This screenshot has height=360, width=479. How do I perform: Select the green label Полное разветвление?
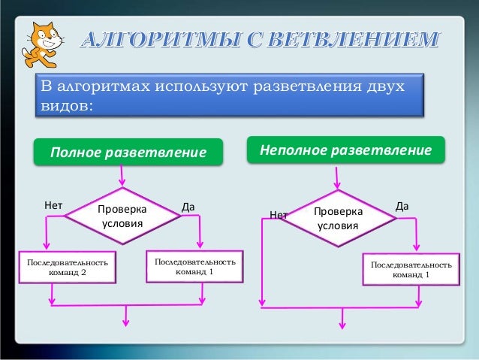[x=128, y=153]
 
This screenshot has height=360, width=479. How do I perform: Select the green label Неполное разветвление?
[x=346, y=150]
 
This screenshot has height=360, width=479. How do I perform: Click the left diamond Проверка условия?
[x=122, y=215]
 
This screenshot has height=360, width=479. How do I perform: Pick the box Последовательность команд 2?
[x=68, y=268]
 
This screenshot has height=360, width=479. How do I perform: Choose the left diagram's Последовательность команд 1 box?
[x=194, y=266]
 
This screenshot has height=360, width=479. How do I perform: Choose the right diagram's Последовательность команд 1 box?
[x=411, y=270]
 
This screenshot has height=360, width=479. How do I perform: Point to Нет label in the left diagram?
[x=53, y=204]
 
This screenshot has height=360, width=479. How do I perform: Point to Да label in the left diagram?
[x=188, y=205]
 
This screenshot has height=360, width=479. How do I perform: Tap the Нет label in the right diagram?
[x=279, y=215]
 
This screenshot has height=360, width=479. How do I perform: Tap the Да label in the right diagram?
[x=402, y=204]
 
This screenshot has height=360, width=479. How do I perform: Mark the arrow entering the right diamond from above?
[x=337, y=177]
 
